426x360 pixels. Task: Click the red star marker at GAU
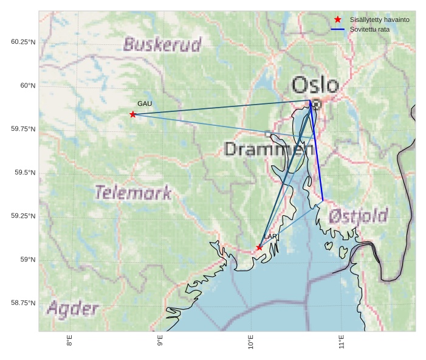pos(132,114)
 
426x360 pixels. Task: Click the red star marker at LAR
pos(259,247)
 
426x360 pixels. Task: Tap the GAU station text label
pos(145,104)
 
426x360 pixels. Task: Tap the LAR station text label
pos(270,237)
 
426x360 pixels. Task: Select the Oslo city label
pos(315,85)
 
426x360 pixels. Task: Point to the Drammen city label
pos(269,149)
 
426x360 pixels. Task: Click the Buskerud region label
pos(162,44)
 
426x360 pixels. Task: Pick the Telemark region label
pos(133,193)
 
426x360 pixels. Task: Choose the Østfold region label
pos(359,216)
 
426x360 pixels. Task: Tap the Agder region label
pos(72,309)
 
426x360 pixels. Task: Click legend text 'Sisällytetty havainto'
pos(379,20)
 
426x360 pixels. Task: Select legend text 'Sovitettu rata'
pos(369,29)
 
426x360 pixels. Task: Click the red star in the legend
pos(338,20)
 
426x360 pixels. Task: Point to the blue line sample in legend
pos(338,29)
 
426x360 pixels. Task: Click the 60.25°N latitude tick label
pos(23,42)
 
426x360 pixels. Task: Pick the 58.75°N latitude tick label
pos(23,303)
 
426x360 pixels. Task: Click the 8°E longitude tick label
pos(69,341)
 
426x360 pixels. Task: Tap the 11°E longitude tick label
pos(342,341)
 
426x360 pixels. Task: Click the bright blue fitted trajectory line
pos(317,152)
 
